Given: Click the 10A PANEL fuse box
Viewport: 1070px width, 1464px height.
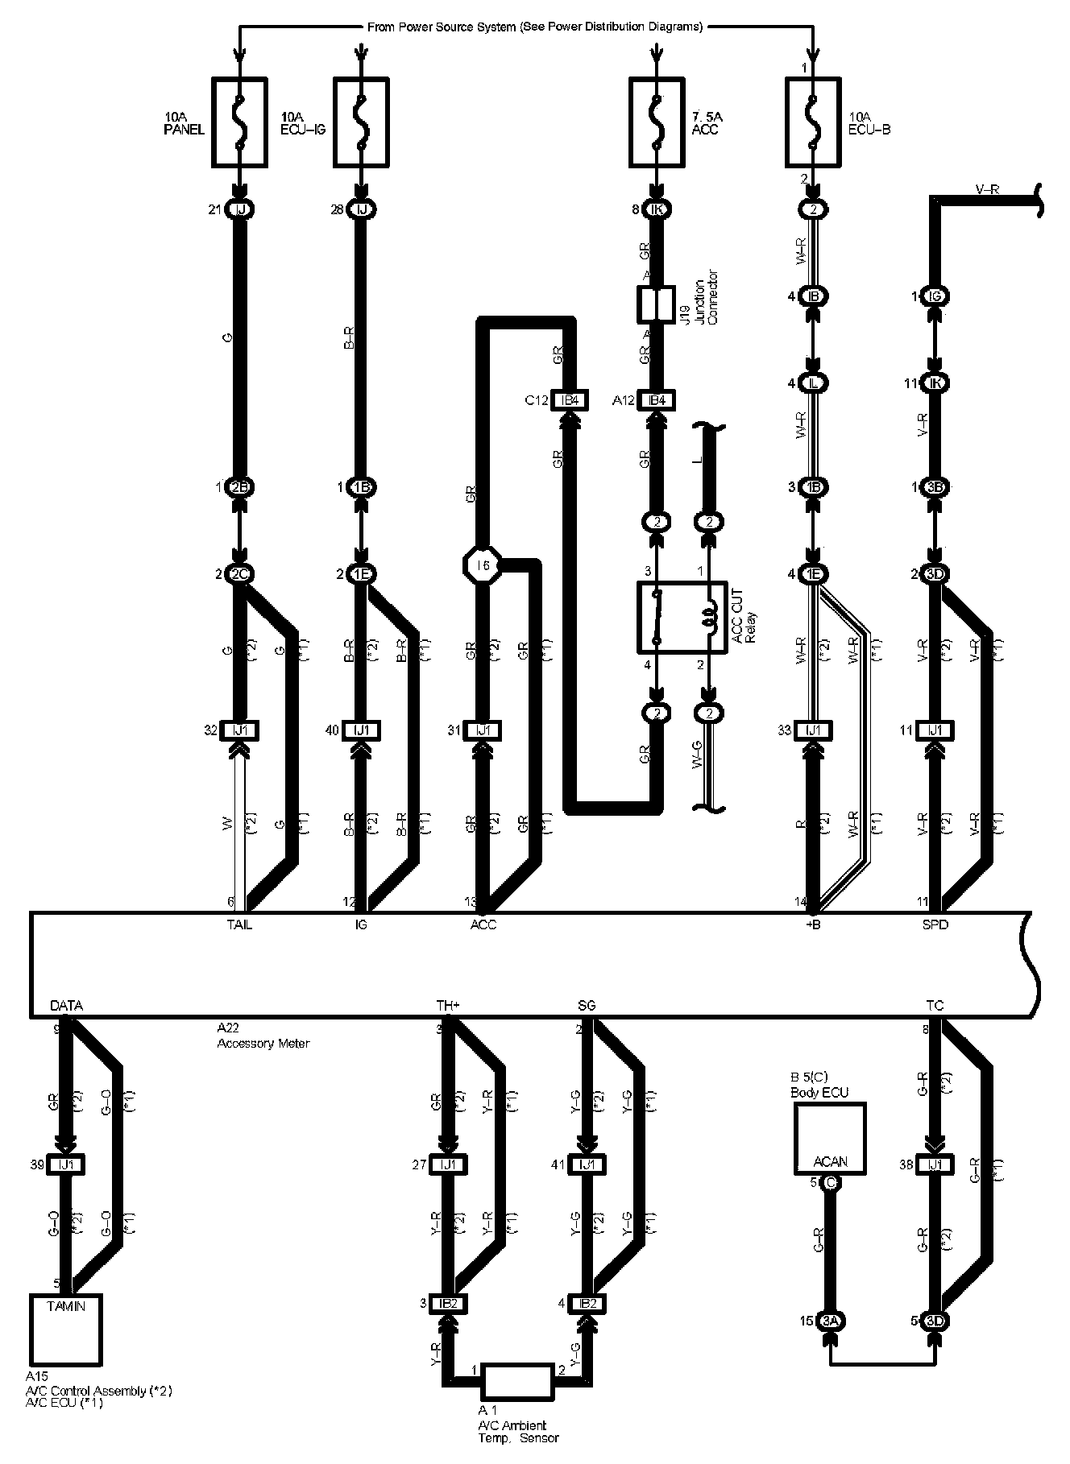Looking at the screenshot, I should click(238, 122).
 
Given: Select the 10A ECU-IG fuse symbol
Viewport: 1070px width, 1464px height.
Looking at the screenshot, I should click(361, 122).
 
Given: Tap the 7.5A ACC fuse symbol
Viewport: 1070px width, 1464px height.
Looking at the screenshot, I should click(657, 122).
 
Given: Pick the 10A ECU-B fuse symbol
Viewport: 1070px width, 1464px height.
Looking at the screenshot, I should click(813, 122).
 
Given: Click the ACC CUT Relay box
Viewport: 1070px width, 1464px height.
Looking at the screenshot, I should click(682, 617).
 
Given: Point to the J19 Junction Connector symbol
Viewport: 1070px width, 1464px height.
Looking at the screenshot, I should click(656, 305).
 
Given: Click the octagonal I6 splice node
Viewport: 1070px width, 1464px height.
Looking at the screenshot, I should click(483, 566).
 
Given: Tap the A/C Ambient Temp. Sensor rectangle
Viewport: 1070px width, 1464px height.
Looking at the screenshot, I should click(516, 1382).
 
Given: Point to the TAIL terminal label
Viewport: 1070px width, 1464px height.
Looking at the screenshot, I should click(238, 924).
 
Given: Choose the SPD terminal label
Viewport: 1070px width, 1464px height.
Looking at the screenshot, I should click(935, 924).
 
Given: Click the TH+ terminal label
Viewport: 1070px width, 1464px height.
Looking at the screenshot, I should click(448, 1006).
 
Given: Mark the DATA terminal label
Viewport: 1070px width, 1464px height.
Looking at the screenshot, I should click(66, 1006).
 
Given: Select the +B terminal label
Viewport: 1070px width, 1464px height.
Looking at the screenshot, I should click(814, 924).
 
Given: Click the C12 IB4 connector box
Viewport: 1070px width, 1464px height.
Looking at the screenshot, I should click(569, 400).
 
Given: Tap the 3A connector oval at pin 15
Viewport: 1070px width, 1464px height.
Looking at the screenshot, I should click(830, 1321).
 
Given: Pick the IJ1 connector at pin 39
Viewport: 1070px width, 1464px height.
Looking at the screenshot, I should click(65, 1164).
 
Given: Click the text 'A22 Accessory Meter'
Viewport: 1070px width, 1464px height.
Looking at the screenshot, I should click(263, 1036).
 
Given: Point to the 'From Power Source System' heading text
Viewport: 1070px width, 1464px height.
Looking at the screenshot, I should click(534, 27).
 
